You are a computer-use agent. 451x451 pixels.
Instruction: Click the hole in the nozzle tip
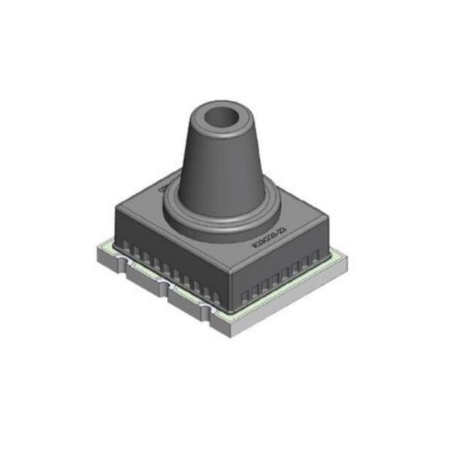[x=223, y=117]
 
